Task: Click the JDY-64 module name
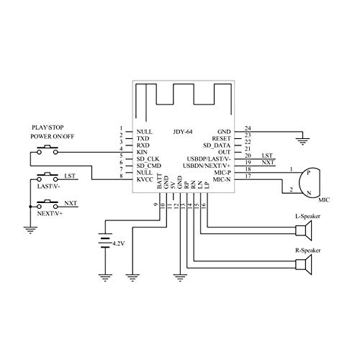[x=183, y=132]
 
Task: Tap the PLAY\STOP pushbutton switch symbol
[x=48, y=150]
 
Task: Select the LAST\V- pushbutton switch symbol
[x=48, y=177]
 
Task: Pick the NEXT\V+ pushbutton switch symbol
[x=48, y=204]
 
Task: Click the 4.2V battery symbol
[x=105, y=240]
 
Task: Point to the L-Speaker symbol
[x=304, y=230]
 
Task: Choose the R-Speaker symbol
[x=304, y=265]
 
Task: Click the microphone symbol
[x=310, y=183]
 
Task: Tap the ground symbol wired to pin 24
[x=302, y=141]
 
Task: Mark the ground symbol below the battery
[x=105, y=277]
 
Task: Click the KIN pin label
[x=142, y=152]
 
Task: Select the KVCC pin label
[x=145, y=179]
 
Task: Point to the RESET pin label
[x=221, y=139]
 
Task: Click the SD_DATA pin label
[x=217, y=145]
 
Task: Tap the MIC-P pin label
[x=222, y=173]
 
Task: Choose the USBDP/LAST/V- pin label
[x=209, y=159]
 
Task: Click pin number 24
[x=248, y=128]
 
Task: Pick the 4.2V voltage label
[x=119, y=243]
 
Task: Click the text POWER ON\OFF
[x=53, y=136]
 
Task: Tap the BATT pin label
[x=159, y=181]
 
